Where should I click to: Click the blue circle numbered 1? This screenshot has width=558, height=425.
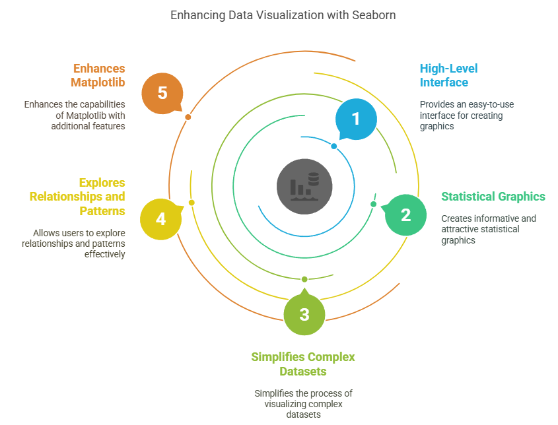pos(356,119)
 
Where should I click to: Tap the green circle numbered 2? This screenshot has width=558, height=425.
pos(405,214)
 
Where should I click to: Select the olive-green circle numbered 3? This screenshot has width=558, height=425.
pos(304,314)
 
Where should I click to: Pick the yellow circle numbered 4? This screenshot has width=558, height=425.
pos(161,218)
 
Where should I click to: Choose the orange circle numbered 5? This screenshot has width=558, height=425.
pos(162,92)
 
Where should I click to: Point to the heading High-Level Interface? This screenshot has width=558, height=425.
pos(449,75)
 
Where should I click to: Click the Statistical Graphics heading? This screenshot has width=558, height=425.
pos(493,196)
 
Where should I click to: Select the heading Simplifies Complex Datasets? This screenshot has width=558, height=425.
pos(303,364)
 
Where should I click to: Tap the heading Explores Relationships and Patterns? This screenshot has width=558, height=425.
pos(77,197)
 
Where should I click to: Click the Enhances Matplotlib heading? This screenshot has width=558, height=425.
pos(98,75)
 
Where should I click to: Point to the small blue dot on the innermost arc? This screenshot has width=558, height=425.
pos(334,146)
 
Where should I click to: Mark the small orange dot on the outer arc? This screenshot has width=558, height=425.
pos(188,117)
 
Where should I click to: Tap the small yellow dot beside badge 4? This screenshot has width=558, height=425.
pos(192,203)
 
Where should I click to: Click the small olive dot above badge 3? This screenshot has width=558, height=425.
pos(304,279)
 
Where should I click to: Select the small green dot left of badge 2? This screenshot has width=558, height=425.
pos(373,204)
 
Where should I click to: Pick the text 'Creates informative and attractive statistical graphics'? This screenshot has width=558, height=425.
pos(489,229)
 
